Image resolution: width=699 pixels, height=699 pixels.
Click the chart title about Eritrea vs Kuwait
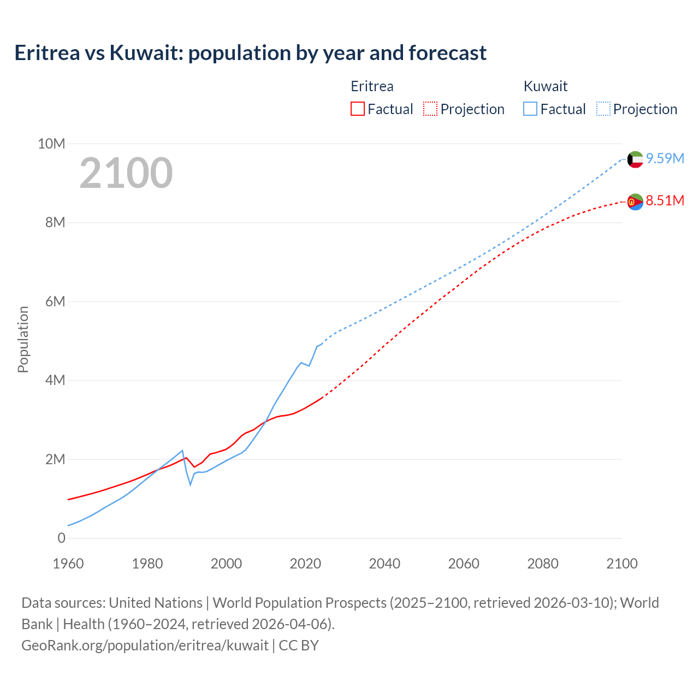[250, 53]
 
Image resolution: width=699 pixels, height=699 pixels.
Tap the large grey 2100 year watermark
[126, 173]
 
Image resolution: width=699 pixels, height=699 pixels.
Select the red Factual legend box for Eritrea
[357, 109]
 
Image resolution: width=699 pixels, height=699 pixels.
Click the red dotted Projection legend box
[430, 109]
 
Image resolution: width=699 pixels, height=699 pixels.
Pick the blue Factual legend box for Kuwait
[530, 109]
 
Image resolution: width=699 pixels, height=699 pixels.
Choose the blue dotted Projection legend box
[603, 109]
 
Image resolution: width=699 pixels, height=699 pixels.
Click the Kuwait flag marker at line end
[635, 159]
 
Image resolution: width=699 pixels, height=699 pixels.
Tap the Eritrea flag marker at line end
[635, 202]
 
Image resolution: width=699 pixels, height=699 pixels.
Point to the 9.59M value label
[665, 158]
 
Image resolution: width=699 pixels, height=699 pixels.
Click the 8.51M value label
[665, 200]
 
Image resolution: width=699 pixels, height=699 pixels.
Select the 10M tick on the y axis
[51, 144]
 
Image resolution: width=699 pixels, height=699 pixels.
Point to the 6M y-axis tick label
[55, 301]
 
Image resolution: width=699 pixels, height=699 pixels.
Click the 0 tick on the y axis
[61, 538]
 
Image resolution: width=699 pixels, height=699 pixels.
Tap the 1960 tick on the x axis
[68, 564]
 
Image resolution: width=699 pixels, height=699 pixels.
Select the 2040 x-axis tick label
[384, 564]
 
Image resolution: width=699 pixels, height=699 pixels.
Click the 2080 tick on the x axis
[543, 564]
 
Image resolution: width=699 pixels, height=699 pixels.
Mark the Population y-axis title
[23, 339]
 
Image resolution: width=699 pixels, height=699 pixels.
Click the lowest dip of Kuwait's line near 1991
[191, 484]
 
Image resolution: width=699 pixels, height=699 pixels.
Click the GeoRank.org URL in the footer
[145, 645]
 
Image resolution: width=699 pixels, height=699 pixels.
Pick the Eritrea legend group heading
[372, 86]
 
